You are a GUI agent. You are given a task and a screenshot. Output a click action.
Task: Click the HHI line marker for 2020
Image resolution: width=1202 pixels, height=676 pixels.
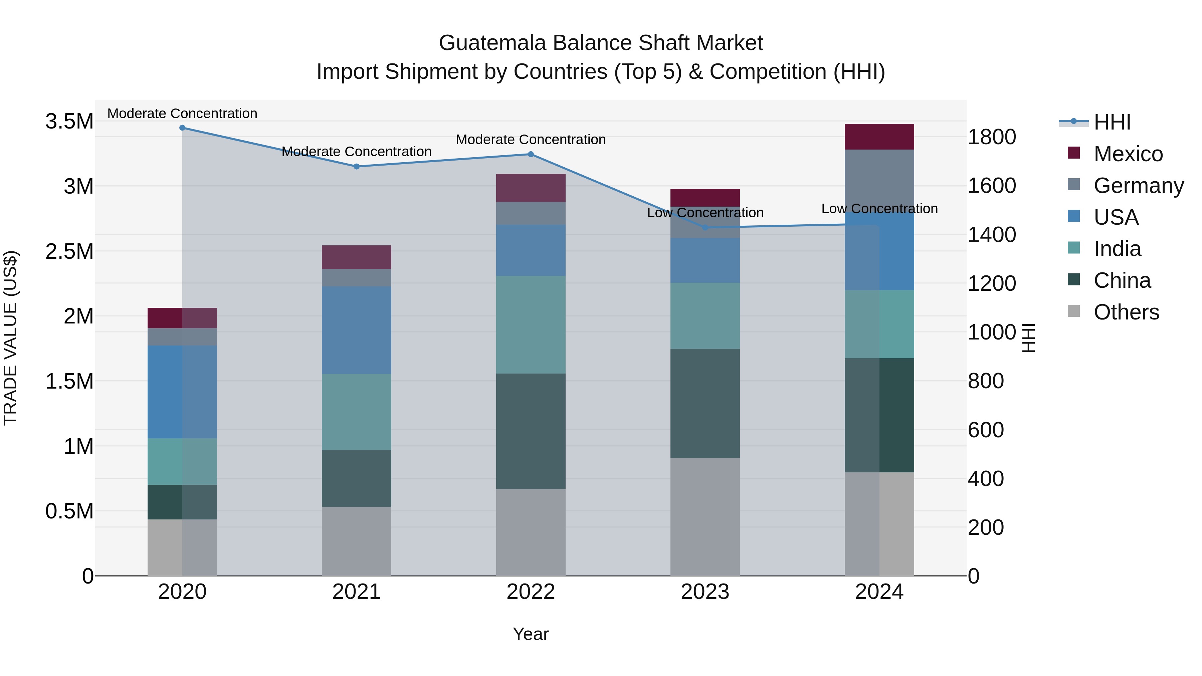tap(182, 128)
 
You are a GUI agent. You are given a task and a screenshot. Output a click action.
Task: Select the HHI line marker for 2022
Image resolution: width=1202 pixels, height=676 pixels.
tap(531, 155)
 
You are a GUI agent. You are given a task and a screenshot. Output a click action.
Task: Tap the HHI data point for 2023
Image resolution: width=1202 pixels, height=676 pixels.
tap(705, 228)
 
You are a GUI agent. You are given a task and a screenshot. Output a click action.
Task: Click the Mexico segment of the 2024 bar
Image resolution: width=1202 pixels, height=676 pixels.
tap(879, 137)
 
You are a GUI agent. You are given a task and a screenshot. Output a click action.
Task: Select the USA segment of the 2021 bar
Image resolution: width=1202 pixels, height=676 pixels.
tap(357, 330)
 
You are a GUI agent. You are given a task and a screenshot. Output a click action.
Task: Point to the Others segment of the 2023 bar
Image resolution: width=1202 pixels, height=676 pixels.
tap(705, 516)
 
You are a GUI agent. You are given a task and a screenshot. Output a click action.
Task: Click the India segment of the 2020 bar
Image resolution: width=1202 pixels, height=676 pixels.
tap(182, 461)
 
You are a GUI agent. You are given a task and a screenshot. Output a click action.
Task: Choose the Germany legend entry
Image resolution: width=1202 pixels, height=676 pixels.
tap(1138, 186)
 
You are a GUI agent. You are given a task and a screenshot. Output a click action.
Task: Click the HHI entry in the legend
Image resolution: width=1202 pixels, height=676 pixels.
tap(1112, 122)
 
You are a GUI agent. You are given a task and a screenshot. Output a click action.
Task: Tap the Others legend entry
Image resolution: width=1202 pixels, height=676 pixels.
tap(1126, 312)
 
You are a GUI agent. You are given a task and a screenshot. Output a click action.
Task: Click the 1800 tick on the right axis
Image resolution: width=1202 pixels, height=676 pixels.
tap(992, 137)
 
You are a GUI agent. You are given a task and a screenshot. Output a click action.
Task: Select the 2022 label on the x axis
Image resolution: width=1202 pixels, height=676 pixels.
tap(531, 592)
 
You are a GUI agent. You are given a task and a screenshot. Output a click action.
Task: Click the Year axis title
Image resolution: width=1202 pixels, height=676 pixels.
tap(531, 634)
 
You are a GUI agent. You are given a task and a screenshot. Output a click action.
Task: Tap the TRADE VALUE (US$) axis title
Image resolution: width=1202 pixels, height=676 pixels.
tap(11, 338)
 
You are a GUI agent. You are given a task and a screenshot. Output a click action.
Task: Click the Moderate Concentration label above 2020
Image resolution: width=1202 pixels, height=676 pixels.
tap(182, 114)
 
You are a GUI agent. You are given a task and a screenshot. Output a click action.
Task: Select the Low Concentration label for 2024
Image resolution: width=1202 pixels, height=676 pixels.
tap(879, 209)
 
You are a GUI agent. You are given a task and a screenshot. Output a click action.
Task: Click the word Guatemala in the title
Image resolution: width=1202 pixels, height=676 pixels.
tap(492, 43)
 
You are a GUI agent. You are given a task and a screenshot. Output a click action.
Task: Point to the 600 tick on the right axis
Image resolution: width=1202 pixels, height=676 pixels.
tap(986, 430)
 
